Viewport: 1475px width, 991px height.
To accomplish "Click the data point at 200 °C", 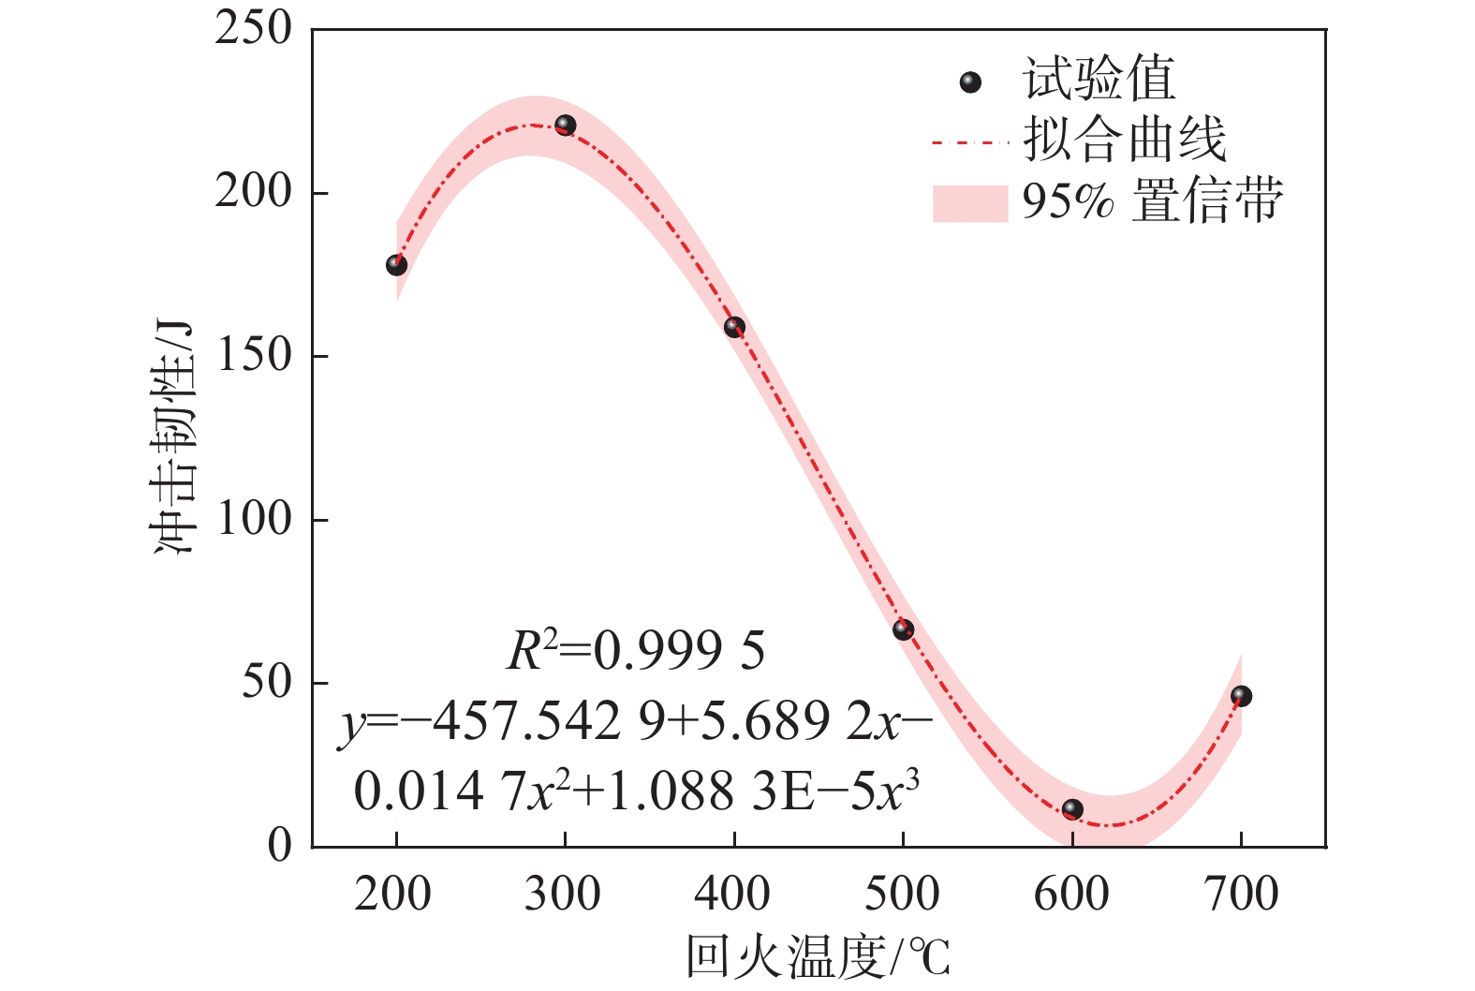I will [x=396, y=265].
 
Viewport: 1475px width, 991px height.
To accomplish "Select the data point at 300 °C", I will [x=565, y=125].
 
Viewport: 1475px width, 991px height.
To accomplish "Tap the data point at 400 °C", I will [x=734, y=327].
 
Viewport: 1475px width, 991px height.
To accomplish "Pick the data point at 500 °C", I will [x=903, y=629].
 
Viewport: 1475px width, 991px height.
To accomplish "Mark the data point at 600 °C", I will [x=1072, y=809].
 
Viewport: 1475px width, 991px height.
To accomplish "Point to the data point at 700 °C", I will [x=1241, y=696].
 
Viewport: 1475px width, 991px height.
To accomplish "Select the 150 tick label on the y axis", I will [x=254, y=355].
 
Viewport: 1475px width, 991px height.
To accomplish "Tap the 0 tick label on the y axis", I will [x=280, y=846].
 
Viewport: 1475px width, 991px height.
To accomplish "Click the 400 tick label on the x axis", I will [x=732, y=894].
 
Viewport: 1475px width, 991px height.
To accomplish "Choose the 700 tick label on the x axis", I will [x=1241, y=894].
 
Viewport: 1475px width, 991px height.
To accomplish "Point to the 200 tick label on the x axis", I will [x=393, y=894].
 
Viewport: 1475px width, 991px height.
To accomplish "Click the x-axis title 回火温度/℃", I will [x=819, y=957].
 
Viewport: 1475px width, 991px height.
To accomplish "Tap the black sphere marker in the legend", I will [x=971, y=82].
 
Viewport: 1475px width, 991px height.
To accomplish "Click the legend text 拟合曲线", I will [x=1125, y=141].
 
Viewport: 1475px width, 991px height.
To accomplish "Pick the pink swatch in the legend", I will [x=969, y=202].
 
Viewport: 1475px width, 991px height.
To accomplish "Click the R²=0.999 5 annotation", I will [x=636, y=651].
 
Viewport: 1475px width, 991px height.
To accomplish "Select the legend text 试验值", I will [x=1099, y=79].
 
